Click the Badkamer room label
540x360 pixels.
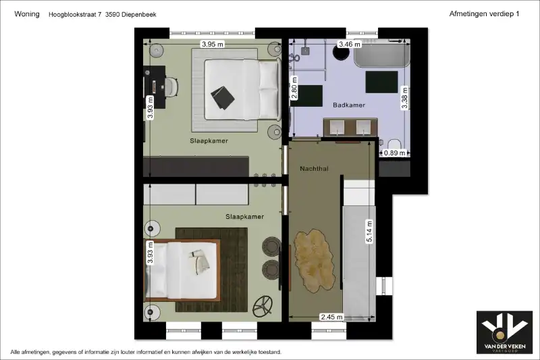pos(349,105)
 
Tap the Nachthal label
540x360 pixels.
pos(314,169)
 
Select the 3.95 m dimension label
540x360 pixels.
pos(213,44)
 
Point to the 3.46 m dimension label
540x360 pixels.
pos(350,44)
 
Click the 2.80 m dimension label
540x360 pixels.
pos(294,88)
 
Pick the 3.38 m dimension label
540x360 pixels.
pos(404,98)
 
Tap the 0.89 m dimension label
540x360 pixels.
pos(394,153)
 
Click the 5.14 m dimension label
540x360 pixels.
pos(369,232)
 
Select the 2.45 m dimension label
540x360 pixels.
pos(331,317)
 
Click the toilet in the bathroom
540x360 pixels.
pos(394,145)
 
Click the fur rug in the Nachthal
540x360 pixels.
pos(314,261)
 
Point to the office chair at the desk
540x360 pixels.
pos(171,87)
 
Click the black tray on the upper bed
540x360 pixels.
pos(223,98)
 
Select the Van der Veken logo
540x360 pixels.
pos(504,332)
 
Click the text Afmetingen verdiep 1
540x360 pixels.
pos(484,14)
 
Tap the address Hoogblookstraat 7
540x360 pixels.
pos(75,14)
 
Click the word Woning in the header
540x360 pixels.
pos(27,14)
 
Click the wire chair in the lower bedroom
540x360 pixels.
pos(263,306)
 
